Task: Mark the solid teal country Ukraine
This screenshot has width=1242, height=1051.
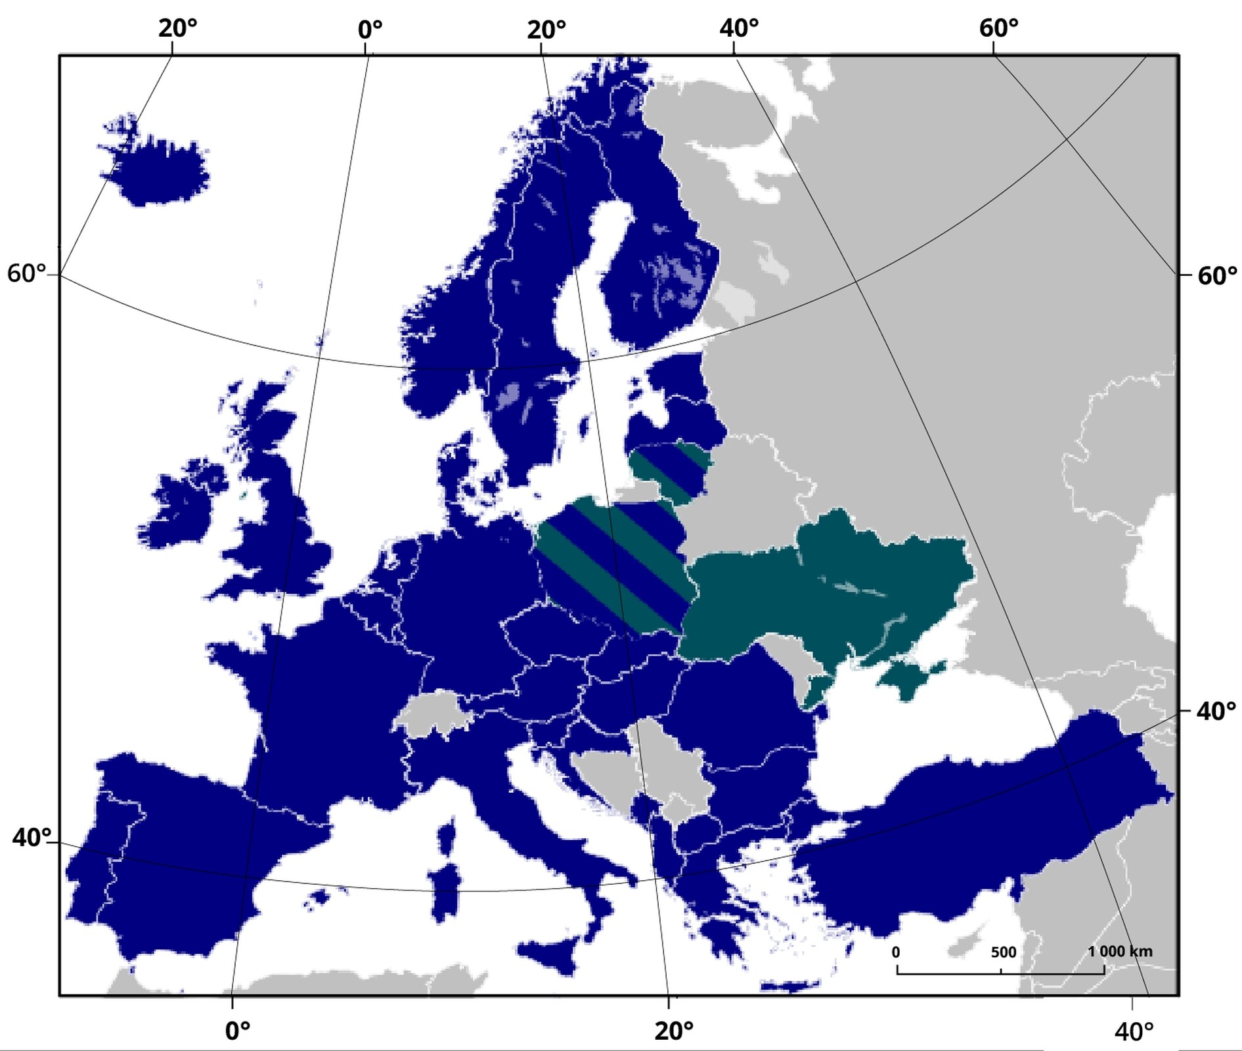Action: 841,585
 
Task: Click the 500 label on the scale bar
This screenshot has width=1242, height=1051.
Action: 1003,952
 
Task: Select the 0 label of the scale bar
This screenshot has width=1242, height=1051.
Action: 896,952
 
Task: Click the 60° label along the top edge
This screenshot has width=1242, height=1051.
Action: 998,28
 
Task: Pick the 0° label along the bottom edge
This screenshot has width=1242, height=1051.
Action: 238,1031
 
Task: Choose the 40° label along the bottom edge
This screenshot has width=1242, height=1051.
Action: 1134,1031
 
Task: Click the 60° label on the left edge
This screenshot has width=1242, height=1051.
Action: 27,273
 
